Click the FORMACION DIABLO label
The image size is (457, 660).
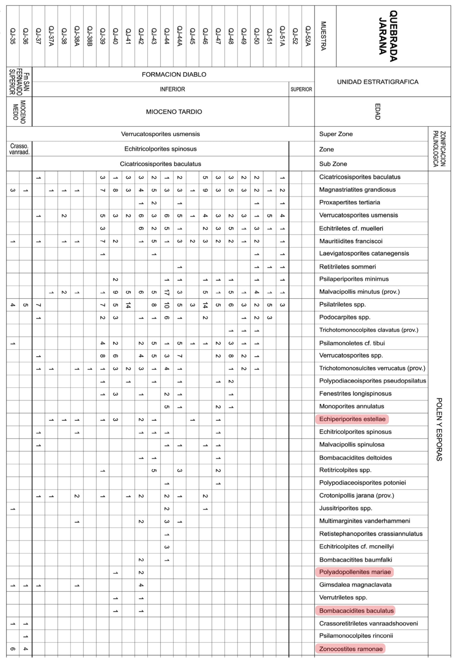coord(174,74)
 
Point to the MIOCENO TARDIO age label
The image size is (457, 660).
coord(174,112)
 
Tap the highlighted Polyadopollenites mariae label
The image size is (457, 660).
coord(355,572)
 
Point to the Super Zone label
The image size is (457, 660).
coord(336,134)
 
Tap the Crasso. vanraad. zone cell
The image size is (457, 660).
coord(19,149)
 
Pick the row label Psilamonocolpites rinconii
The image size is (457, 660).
coord(356,636)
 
